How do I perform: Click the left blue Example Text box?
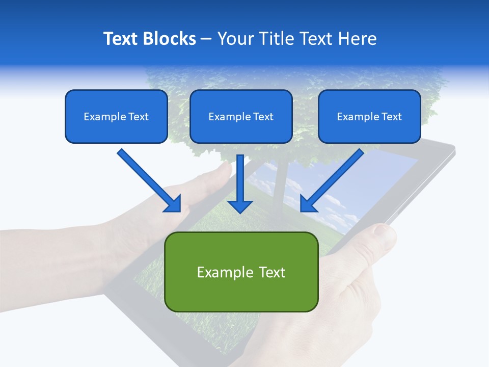pos(116,116)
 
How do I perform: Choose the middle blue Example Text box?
pos(241,116)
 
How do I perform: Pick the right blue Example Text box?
pos(369,116)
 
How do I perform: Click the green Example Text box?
pos(241,272)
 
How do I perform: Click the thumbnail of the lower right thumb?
pos(383,232)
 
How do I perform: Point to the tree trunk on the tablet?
pos(278,189)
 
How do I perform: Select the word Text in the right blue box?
pos(391,117)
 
